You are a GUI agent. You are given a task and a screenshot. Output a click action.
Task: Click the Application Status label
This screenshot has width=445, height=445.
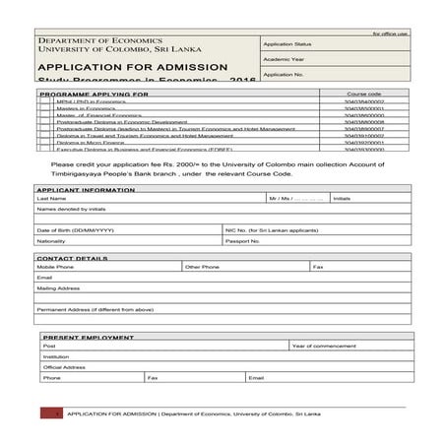[x=287, y=44]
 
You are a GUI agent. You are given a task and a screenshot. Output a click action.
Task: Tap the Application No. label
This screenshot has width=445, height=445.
[x=284, y=74]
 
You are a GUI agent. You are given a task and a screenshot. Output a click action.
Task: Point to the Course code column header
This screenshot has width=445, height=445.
[x=363, y=94]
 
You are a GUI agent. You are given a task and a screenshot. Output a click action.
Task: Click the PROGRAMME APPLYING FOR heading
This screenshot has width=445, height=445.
[x=95, y=94]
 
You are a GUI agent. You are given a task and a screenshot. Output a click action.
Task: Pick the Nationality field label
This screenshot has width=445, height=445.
[x=51, y=240]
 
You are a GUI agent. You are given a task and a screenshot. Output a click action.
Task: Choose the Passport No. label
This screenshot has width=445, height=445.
[x=242, y=240]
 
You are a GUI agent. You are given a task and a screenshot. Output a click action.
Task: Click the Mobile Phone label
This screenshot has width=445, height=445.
[x=55, y=267]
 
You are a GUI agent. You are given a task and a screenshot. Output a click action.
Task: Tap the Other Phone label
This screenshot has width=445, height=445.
[x=202, y=267]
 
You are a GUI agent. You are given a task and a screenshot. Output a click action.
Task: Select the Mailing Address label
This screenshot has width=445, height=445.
[x=58, y=288]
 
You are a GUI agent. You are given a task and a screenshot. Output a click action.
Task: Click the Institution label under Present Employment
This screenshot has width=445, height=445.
[x=56, y=356]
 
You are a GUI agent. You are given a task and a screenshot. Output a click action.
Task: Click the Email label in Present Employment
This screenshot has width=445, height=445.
[x=256, y=377]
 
